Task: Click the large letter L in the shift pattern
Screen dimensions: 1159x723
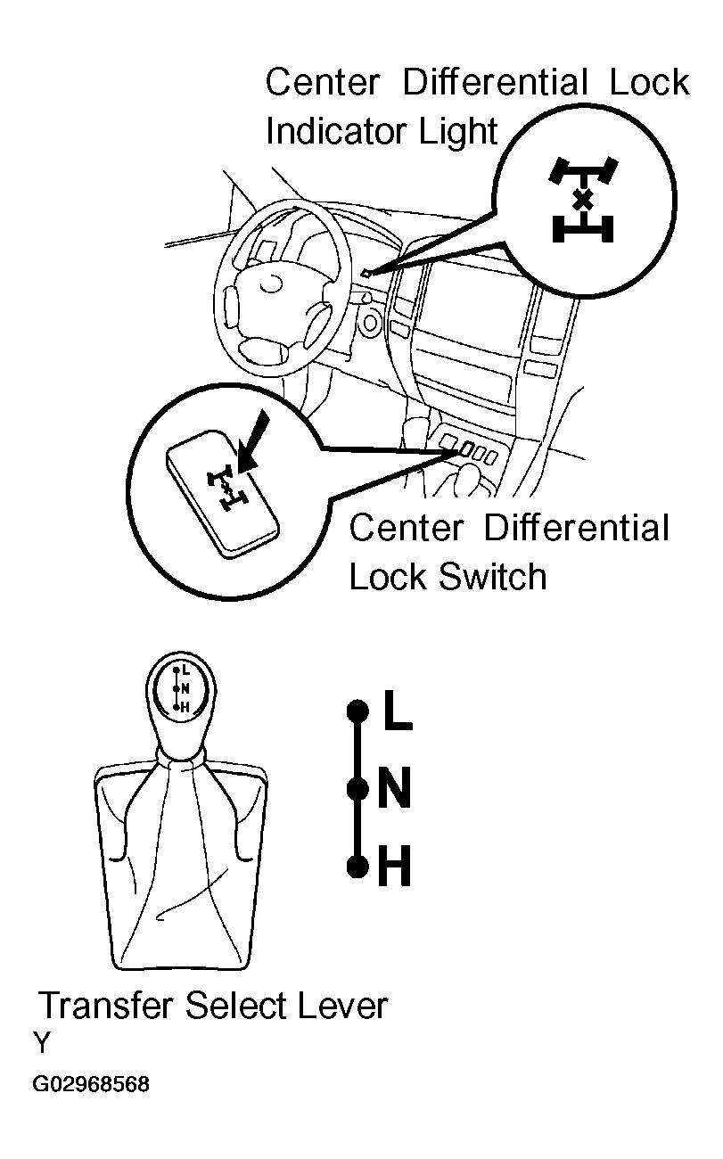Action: (x=398, y=711)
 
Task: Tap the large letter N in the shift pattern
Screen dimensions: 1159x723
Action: (x=394, y=789)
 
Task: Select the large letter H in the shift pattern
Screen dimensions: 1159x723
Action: (x=394, y=867)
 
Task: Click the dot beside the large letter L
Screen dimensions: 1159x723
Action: (x=357, y=711)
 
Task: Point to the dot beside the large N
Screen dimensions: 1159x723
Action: (x=357, y=789)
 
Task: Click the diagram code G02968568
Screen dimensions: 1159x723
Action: (x=91, y=1085)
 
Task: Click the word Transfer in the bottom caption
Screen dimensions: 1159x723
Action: (x=106, y=1006)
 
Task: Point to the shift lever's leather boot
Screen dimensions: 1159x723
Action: (x=181, y=865)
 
